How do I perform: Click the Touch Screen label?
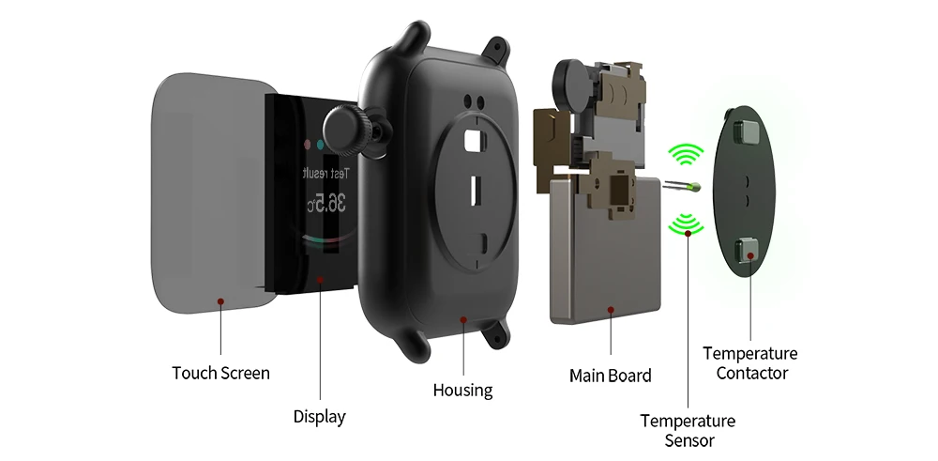220,373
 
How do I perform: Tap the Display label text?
319,416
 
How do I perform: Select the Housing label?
462,390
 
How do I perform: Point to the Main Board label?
610,376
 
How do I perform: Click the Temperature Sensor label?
688,430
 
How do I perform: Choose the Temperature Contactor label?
750,363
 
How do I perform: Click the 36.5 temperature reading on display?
328,202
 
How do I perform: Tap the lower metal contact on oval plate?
749,250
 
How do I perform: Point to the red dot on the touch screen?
220,301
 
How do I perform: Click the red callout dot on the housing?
463,320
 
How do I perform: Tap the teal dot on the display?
321,146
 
